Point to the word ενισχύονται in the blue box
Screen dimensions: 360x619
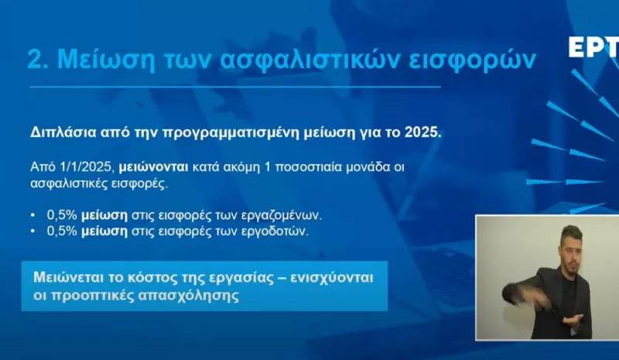[333, 278]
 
